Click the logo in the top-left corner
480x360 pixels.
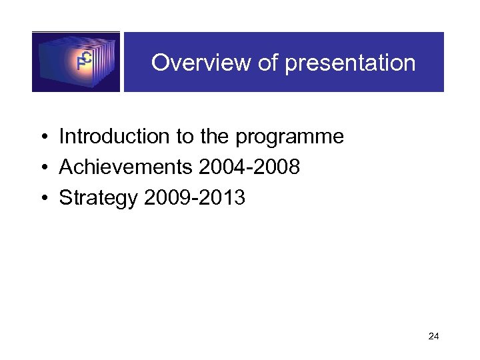click(76, 62)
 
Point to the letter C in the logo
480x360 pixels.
click(86, 57)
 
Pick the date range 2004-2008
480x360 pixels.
click(249, 167)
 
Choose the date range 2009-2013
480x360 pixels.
click(194, 198)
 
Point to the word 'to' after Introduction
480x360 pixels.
click(185, 137)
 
